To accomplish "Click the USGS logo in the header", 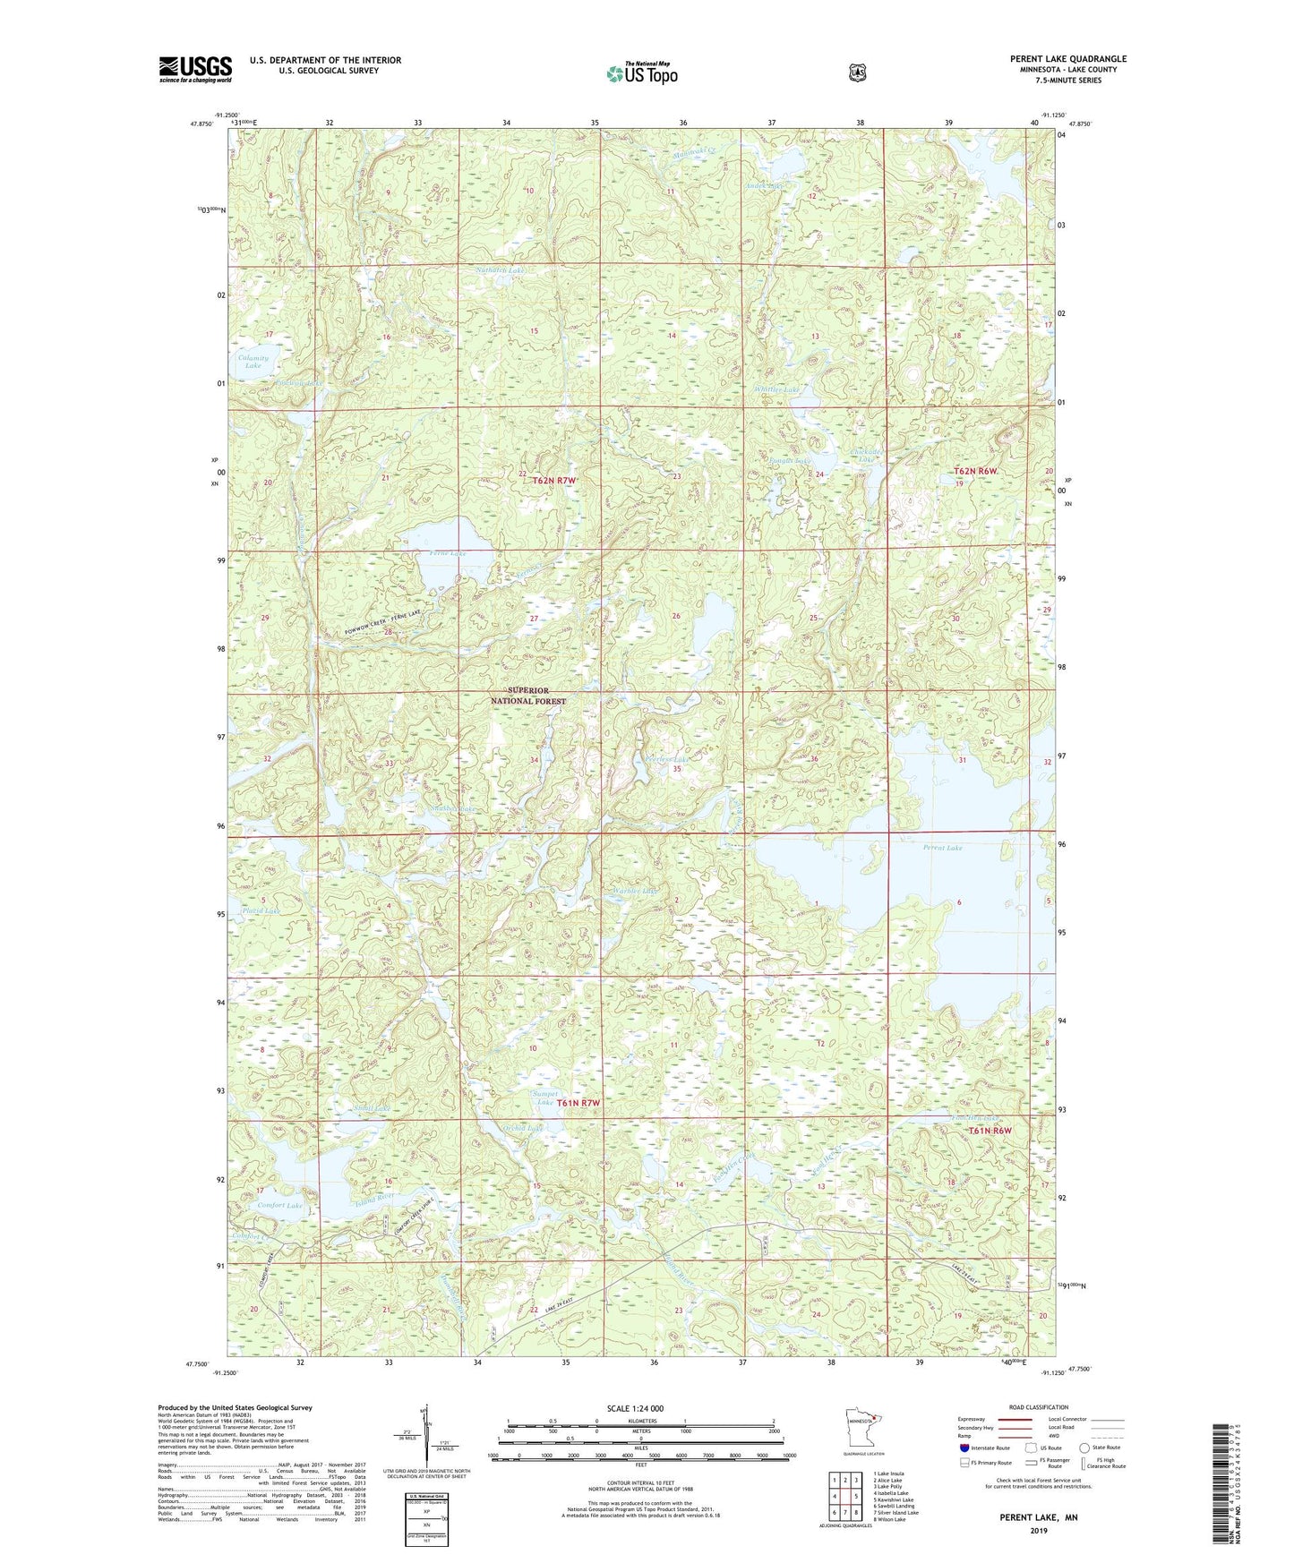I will click(x=195, y=69).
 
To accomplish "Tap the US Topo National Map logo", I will click(x=641, y=73).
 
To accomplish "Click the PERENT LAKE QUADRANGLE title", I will click(x=1067, y=59).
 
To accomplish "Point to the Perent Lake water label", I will click(x=942, y=847).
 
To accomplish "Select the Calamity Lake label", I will click(x=253, y=362).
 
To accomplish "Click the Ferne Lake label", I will click(x=442, y=554).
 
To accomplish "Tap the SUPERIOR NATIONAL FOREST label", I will click(x=528, y=696).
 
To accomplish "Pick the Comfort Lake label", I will click(x=280, y=1205).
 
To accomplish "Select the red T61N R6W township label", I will click(x=990, y=1131).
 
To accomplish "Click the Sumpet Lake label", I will click(x=544, y=1098).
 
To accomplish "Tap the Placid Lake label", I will click(x=261, y=910).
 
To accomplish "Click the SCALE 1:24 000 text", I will click(x=635, y=1408).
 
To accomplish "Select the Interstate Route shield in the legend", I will click(x=964, y=1447).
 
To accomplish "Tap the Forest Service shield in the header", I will click(x=858, y=73).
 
